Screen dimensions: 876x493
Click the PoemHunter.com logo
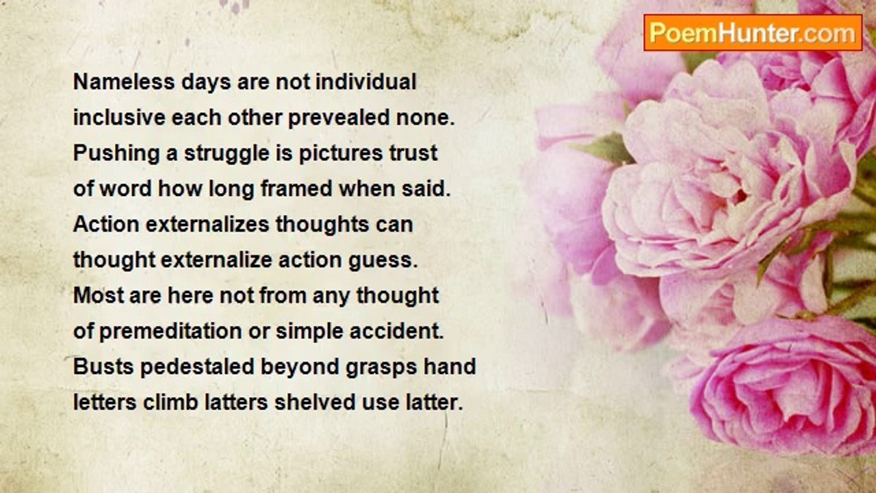point(753,33)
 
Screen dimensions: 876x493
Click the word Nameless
point(124,82)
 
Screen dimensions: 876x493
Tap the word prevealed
point(339,118)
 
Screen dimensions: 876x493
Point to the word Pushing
point(116,153)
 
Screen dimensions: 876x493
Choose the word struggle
point(227,154)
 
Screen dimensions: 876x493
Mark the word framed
point(296,188)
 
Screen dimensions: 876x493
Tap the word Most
point(98,295)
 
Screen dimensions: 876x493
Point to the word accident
point(396,331)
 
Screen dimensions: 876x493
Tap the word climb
point(170,403)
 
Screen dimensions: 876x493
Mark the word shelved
point(315,403)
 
